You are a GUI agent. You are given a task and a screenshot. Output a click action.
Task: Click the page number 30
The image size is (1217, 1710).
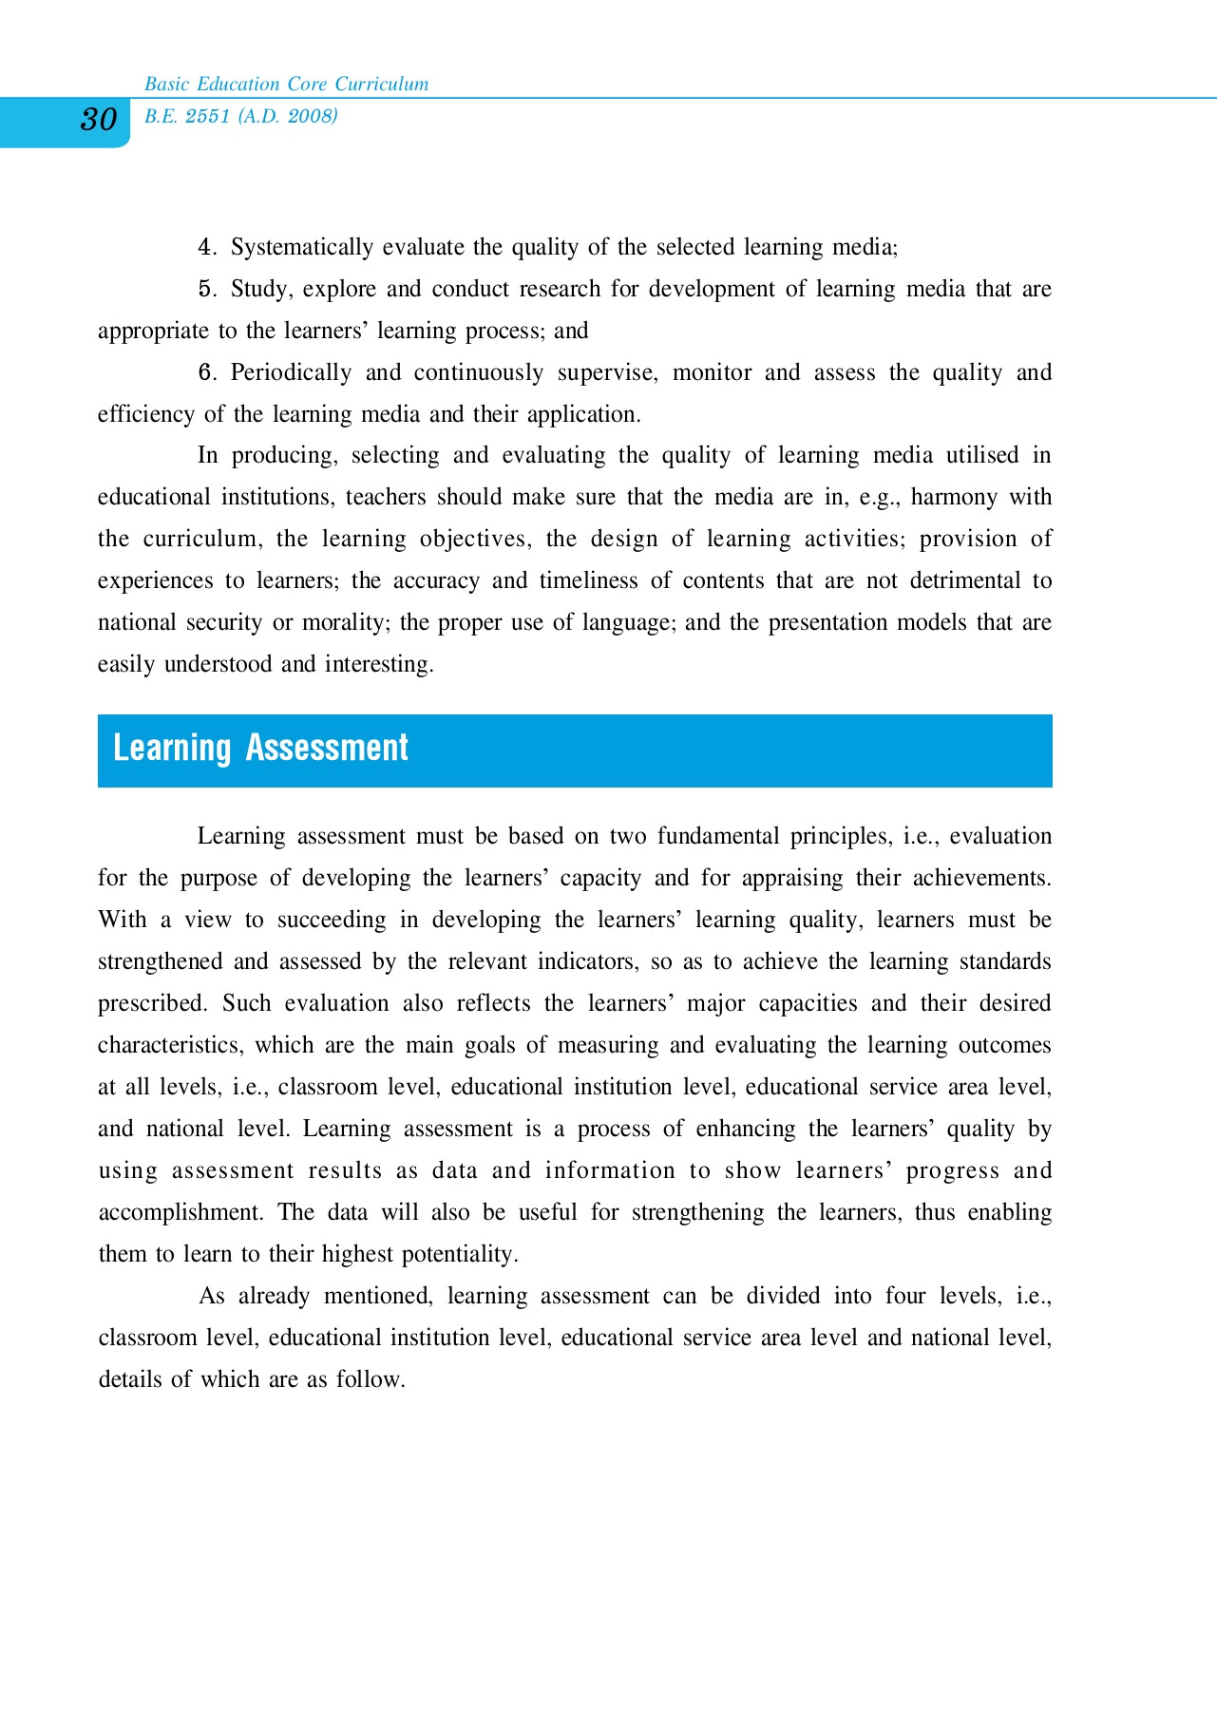(x=98, y=120)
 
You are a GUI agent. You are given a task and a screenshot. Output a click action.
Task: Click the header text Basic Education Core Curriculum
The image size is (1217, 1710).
(x=286, y=84)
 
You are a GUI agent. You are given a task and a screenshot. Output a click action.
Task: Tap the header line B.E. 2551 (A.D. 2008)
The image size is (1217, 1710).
(x=240, y=116)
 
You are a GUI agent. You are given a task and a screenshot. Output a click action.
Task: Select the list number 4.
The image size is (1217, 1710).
(x=206, y=248)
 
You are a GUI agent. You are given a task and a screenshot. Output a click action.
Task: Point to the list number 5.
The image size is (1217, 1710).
(x=206, y=290)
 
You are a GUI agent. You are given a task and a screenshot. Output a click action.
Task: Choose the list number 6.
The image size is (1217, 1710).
(x=206, y=373)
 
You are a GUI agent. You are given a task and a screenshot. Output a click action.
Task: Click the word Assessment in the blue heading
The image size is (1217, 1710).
(x=327, y=749)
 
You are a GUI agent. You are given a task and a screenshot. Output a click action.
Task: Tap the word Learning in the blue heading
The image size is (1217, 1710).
(x=172, y=749)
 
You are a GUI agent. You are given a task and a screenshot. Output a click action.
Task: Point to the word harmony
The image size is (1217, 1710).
(x=954, y=498)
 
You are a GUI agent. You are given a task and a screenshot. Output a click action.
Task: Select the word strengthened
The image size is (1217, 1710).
(x=160, y=962)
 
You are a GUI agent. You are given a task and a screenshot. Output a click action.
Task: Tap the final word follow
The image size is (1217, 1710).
(x=370, y=1380)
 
